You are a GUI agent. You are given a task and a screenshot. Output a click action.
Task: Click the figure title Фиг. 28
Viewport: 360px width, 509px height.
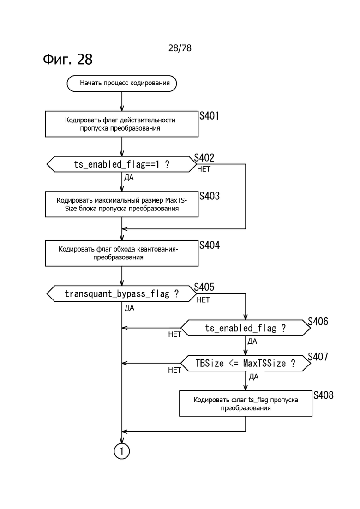(x=67, y=59)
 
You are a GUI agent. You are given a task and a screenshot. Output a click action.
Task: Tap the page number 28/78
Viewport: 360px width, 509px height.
(x=180, y=48)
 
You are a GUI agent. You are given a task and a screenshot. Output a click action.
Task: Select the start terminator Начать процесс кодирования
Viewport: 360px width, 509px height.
(x=122, y=84)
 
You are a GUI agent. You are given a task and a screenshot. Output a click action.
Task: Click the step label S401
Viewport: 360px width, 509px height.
(x=209, y=116)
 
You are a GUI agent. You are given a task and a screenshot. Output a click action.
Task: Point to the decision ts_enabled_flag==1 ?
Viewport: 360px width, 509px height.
(x=122, y=164)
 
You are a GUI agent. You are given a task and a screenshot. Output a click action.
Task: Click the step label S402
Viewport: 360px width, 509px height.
(x=204, y=158)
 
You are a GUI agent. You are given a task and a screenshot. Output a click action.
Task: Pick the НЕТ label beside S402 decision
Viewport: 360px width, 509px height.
(x=204, y=169)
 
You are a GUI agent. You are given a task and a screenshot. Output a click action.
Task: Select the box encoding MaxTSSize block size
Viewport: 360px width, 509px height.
(x=122, y=204)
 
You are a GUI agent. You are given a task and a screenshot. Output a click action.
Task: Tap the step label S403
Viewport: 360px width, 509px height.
(x=210, y=196)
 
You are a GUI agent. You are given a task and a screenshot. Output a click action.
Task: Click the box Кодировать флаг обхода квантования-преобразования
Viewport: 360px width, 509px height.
(x=122, y=253)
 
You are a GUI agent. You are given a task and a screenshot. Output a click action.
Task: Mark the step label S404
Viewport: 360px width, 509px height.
(x=210, y=245)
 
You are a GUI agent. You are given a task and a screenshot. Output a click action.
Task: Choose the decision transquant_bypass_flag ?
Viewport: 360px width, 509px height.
(x=122, y=293)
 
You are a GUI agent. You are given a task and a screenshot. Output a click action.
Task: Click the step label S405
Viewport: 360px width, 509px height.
(x=204, y=287)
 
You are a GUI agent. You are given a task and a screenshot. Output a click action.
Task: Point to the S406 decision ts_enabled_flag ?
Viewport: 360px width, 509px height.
(x=245, y=328)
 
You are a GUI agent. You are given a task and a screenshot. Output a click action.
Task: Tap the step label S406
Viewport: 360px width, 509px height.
(x=318, y=322)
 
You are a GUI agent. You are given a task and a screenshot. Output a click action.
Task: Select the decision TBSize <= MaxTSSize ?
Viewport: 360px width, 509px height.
(x=245, y=363)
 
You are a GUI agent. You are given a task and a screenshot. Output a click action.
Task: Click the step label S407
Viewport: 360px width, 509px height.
(x=318, y=357)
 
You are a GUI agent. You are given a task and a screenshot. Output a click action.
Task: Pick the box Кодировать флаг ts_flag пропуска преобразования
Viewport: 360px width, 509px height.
(x=245, y=404)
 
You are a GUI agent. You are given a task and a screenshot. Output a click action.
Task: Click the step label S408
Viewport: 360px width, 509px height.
(x=323, y=395)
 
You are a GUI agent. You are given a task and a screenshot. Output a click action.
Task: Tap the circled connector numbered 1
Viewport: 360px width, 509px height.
(x=122, y=451)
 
